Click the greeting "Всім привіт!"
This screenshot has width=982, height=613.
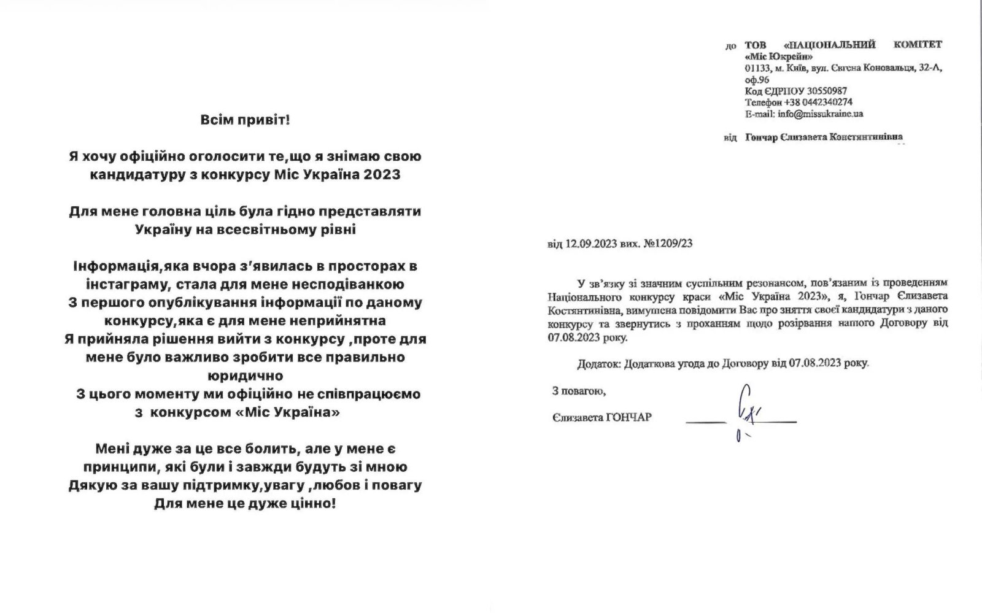[x=245, y=120]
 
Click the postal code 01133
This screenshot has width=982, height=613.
[x=756, y=68]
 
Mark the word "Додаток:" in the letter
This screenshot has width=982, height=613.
[x=598, y=363]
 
